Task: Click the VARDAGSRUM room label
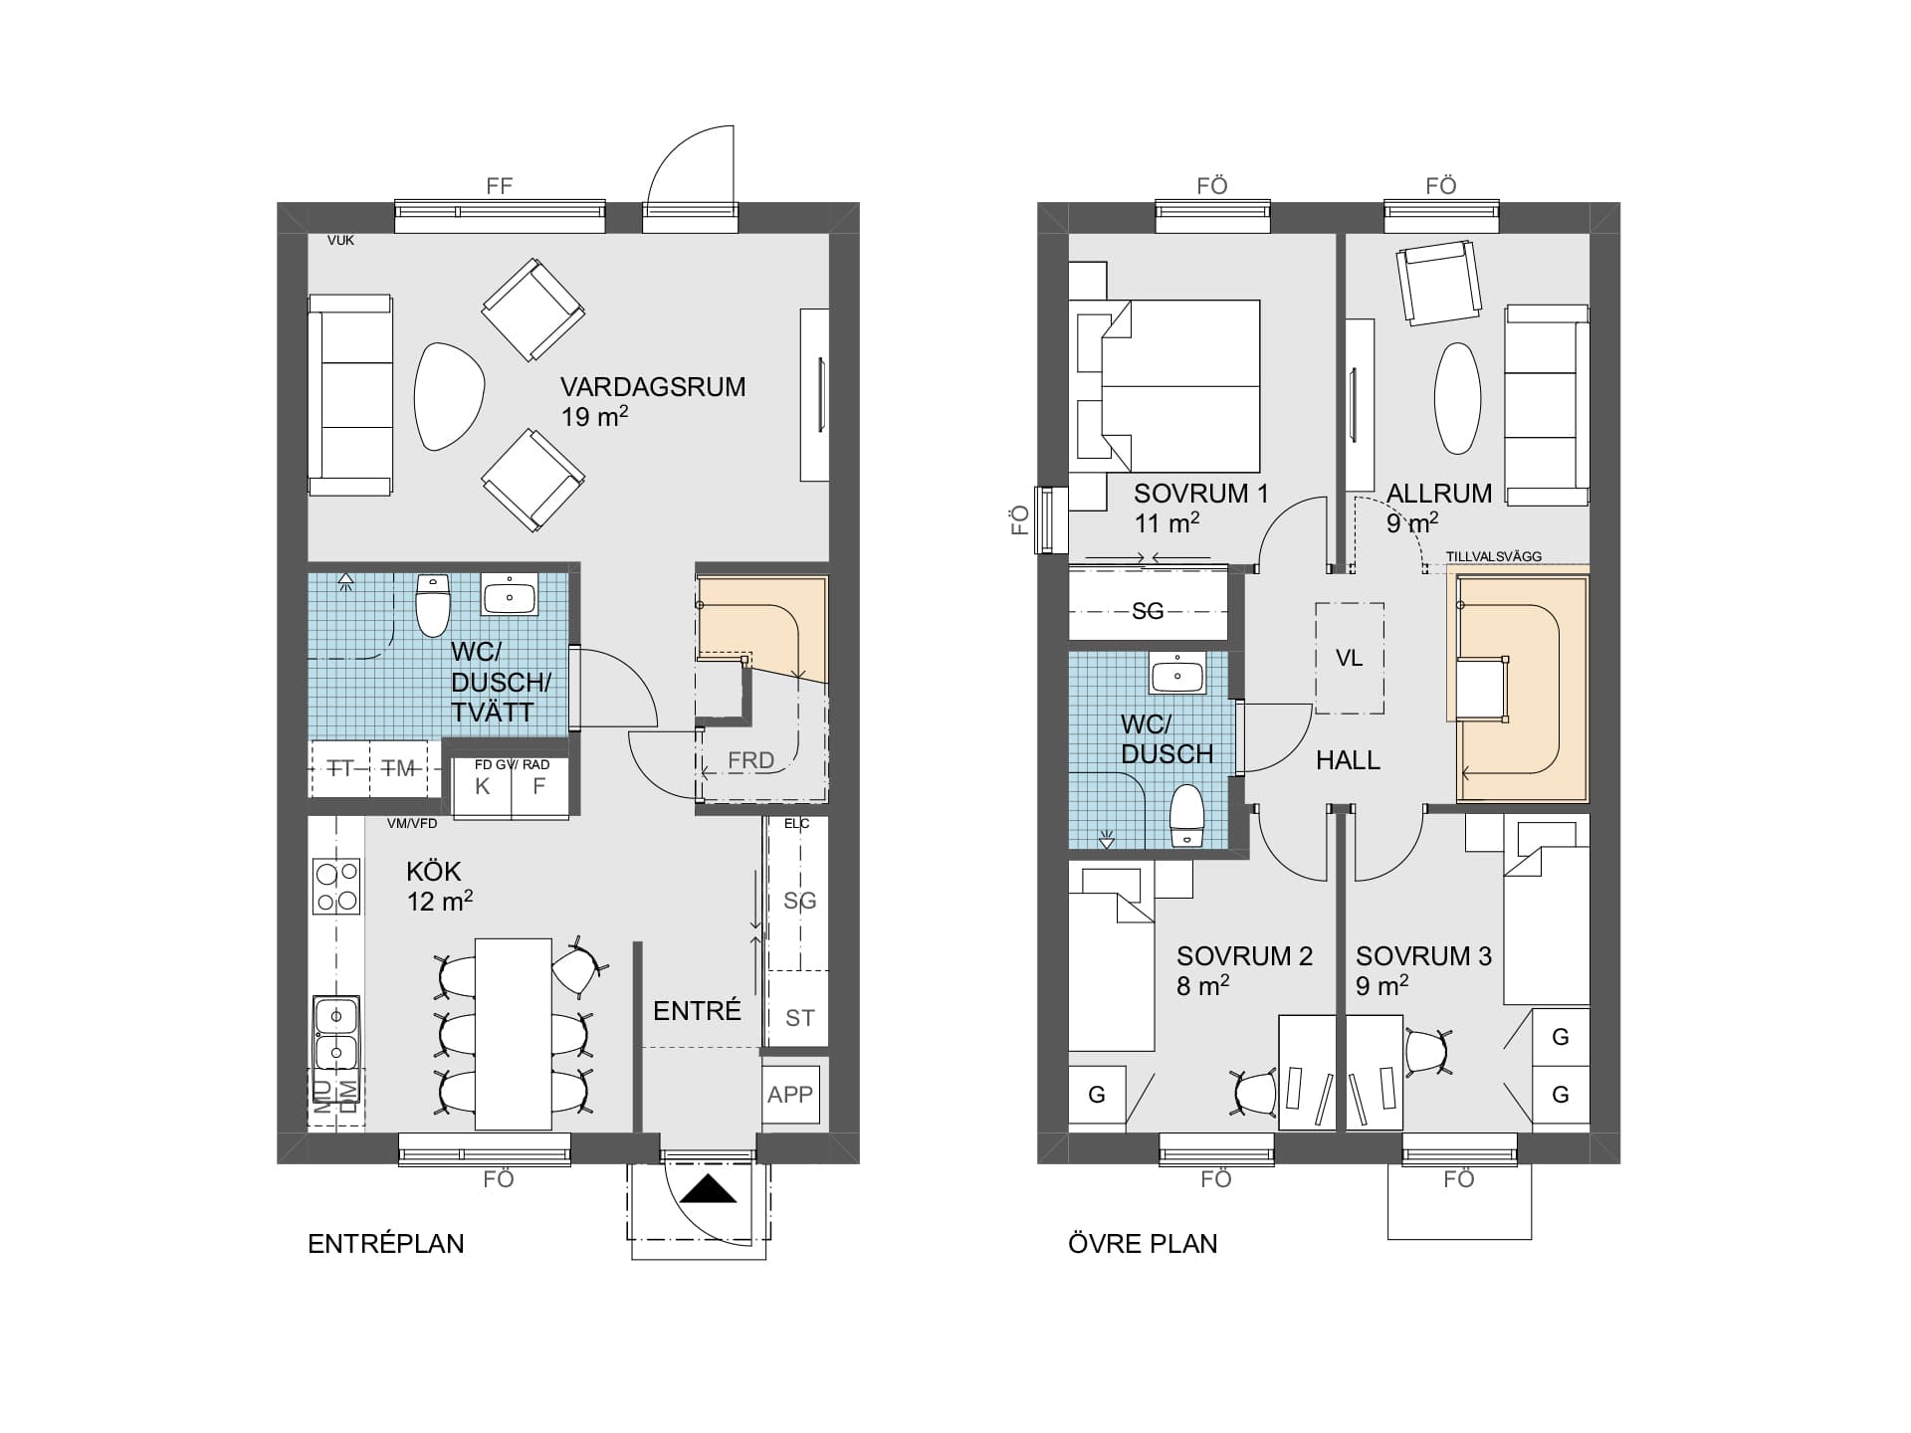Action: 652,387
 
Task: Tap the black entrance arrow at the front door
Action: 709,1189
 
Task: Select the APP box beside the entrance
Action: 790,1095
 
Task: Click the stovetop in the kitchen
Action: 336,887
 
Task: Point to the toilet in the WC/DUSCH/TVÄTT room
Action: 433,605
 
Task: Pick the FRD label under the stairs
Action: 750,760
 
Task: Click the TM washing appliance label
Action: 399,768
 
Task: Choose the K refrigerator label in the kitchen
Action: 483,787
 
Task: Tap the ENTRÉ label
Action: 697,1011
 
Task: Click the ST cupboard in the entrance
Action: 799,1018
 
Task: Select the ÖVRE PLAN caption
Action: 1143,1244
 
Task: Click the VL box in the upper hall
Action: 1349,659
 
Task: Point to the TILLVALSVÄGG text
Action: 1493,556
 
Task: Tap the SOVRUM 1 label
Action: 1200,494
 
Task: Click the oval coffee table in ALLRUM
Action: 1457,398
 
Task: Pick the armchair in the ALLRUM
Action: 1437,283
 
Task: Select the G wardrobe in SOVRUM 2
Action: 1097,1096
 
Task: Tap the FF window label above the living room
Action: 499,186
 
